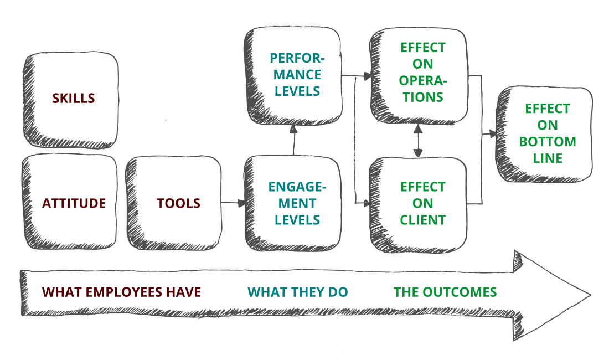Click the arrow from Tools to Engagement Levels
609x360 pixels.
[233, 203]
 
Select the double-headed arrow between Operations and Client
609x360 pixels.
[419, 141]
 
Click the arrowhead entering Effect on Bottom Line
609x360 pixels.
[492, 134]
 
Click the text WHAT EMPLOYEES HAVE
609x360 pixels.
[121, 292]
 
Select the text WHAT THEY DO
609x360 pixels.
[298, 292]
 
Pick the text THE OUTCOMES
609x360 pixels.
[445, 292]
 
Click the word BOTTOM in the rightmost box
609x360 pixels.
[547, 142]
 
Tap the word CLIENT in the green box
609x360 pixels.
[423, 220]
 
